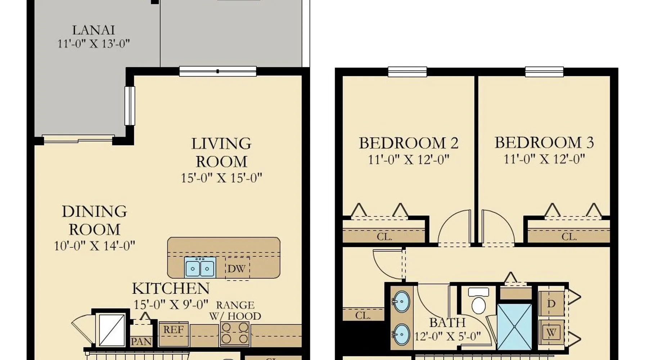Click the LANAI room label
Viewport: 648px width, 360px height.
[93, 30]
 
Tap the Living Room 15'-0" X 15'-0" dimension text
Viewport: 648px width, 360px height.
[221, 178]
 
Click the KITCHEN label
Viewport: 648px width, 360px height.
[171, 288]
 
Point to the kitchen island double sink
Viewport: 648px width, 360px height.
[200, 267]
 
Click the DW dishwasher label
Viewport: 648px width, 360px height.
[237, 269]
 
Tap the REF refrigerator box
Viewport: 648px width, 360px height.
[174, 334]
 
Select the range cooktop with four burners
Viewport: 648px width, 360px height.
[235, 333]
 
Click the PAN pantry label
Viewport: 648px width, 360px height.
[141, 342]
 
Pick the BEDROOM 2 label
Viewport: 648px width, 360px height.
[409, 143]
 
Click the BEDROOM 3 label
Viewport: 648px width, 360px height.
[544, 143]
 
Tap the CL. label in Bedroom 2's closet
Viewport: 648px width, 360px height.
[384, 237]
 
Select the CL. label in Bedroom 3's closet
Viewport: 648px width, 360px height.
[569, 237]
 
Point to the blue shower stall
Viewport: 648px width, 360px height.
[514, 327]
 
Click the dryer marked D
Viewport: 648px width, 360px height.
[551, 303]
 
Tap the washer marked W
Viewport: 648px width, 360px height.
[551, 332]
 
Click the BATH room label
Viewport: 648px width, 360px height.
[447, 322]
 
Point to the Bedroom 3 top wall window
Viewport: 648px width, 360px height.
[544, 72]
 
